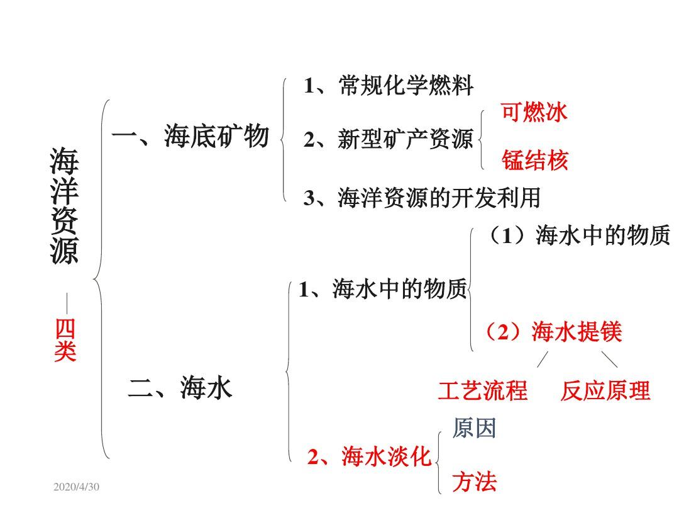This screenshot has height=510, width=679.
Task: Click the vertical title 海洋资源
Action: tap(65, 206)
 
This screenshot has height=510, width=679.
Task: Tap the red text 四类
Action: tap(65, 341)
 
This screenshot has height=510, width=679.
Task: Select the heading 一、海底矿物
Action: tap(190, 136)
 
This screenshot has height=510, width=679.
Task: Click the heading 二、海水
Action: tap(180, 388)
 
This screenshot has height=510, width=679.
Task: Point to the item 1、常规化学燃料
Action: tap(388, 86)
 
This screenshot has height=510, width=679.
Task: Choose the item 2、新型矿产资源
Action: tap(388, 140)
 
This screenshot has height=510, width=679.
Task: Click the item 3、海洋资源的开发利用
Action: tap(422, 198)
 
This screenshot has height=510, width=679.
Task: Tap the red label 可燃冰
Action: tap(534, 112)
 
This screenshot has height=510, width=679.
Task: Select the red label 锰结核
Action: tap(534, 161)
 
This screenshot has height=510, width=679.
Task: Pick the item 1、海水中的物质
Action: tap(383, 290)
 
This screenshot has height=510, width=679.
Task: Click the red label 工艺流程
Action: tap(482, 391)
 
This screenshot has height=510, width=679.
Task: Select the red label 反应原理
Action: tap(605, 391)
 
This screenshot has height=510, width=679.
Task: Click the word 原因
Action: tap(474, 429)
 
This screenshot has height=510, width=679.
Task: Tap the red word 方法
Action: tap(474, 482)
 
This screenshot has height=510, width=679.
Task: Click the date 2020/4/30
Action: tap(77, 487)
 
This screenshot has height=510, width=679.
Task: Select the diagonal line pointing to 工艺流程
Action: tap(542, 360)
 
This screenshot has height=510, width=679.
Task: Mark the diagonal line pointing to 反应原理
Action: tap(609, 360)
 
